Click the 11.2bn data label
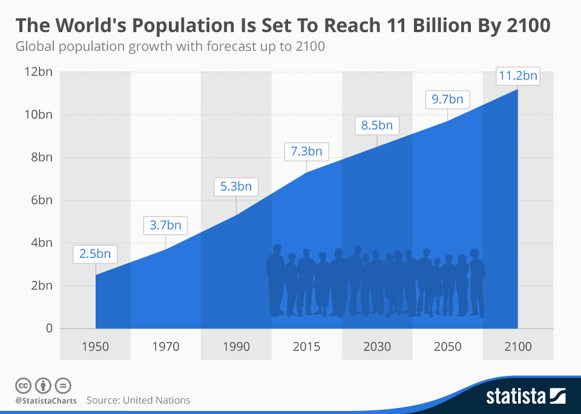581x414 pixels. (517, 77)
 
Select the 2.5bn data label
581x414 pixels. (95, 254)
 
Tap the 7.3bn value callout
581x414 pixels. (306, 151)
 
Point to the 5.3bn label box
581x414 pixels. (236, 186)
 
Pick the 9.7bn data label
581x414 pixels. (447, 100)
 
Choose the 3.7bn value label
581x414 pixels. (165, 226)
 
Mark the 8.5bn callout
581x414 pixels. (377, 126)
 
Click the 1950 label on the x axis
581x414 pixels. (95, 347)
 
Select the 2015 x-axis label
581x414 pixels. (306, 347)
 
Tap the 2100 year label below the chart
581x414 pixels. (517, 347)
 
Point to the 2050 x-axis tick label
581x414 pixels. (447, 347)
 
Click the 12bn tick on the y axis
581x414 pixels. (38, 72)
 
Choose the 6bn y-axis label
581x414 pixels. (41, 200)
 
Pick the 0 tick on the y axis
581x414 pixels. (48, 329)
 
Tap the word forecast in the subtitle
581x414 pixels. (225, 47)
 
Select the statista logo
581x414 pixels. (525, 396)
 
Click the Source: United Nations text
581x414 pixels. (139, 400)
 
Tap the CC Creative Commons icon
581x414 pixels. (24, 385)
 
